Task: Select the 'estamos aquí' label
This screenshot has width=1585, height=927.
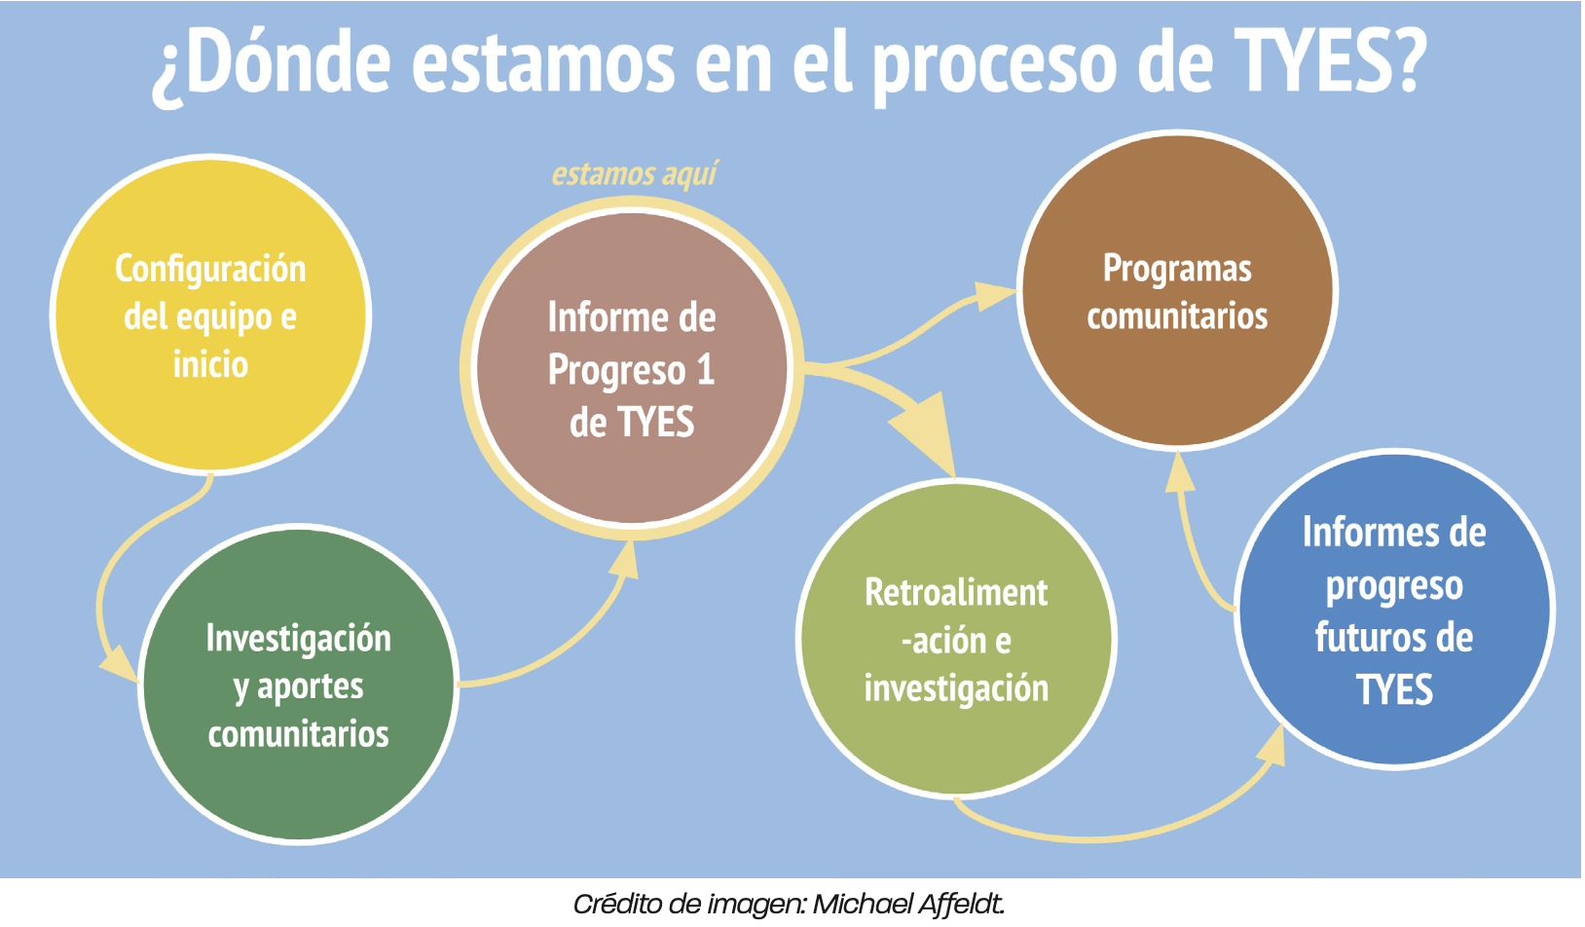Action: click(x=634, y=174)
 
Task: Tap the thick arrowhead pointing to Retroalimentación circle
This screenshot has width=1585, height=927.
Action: click(x=926, y=427)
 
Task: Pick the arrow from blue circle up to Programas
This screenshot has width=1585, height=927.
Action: click(x=1193, y=545)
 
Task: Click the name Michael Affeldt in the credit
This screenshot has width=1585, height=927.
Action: click(x=907, y=905)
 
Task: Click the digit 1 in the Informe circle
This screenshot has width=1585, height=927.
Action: click(x=705, y=370)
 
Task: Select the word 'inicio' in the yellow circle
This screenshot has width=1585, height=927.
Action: click(x=210, y=365)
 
